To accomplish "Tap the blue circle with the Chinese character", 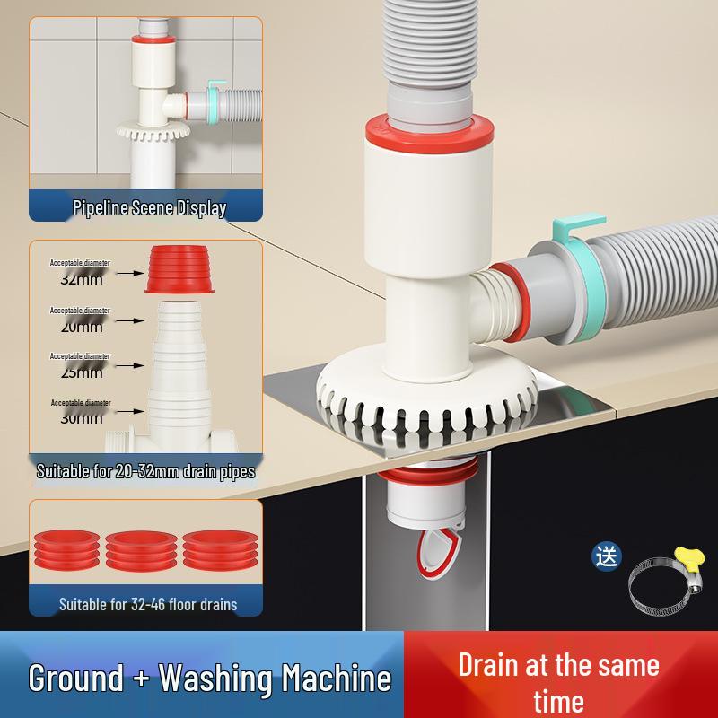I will pyautogui.click(x=607, y=556).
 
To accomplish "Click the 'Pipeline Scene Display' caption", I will pyautogui.click(x=149, y=209).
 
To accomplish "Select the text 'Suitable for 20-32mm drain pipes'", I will pyautogui.click(x=145, y=470).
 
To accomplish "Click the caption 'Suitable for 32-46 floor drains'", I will pyautogui.click(x=148, y=604).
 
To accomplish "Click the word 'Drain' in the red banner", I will pyautogui.click(x=488, y=666).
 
